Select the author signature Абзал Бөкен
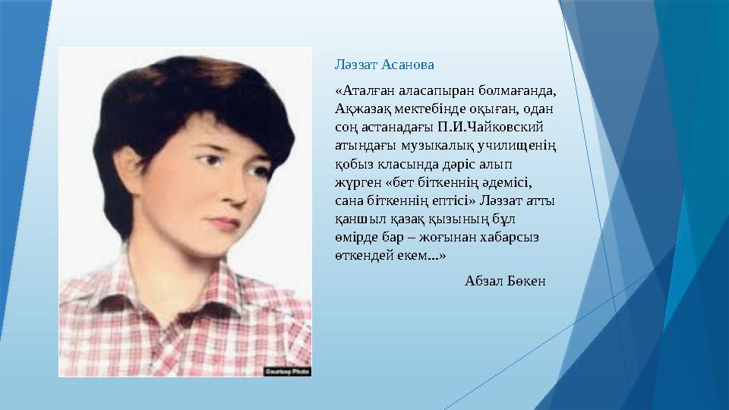tap(504, 282)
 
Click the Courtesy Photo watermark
tap(288, 371)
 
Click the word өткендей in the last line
tap(361, 255)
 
